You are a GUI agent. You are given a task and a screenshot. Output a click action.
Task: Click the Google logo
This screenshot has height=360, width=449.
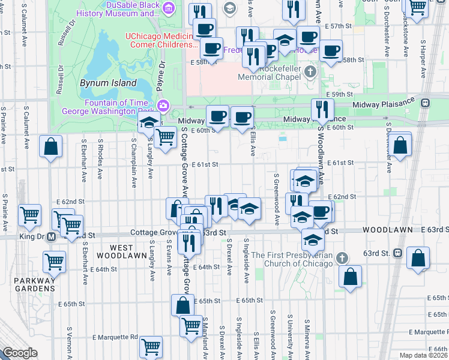20,353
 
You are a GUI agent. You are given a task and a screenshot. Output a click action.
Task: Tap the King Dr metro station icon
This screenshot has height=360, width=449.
52,236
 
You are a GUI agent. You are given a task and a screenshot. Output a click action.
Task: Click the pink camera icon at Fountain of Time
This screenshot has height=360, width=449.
163,106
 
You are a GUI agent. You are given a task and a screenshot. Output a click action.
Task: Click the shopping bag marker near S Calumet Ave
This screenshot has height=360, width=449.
51,146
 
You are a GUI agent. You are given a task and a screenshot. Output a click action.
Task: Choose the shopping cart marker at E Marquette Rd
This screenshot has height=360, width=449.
151,347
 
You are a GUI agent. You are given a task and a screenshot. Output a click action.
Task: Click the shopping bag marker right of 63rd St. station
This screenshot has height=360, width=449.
418,258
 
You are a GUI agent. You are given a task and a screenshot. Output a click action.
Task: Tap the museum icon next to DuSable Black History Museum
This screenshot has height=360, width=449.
169,8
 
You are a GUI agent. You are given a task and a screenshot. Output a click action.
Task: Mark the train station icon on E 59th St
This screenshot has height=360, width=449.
426,102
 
